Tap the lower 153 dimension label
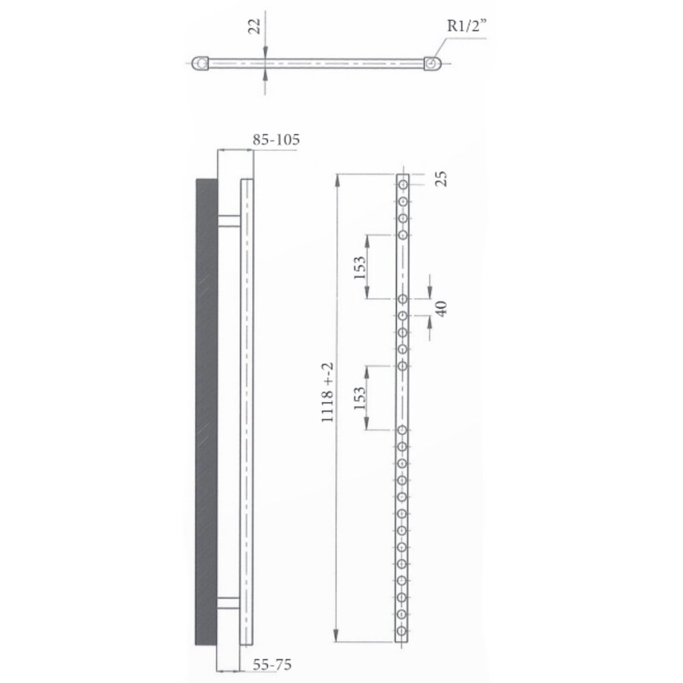(x=360, y=397)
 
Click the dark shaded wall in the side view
(x=206, y=410)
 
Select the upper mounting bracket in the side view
(x=229, y=221)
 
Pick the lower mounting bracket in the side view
(x=229, y=603)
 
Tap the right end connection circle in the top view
(x=432, y=63)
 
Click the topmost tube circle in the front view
(x=403, y=184)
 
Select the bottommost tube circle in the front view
(x=403, y=631)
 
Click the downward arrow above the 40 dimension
(x=430, y=291)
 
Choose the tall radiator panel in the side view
(x=247, y=410)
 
